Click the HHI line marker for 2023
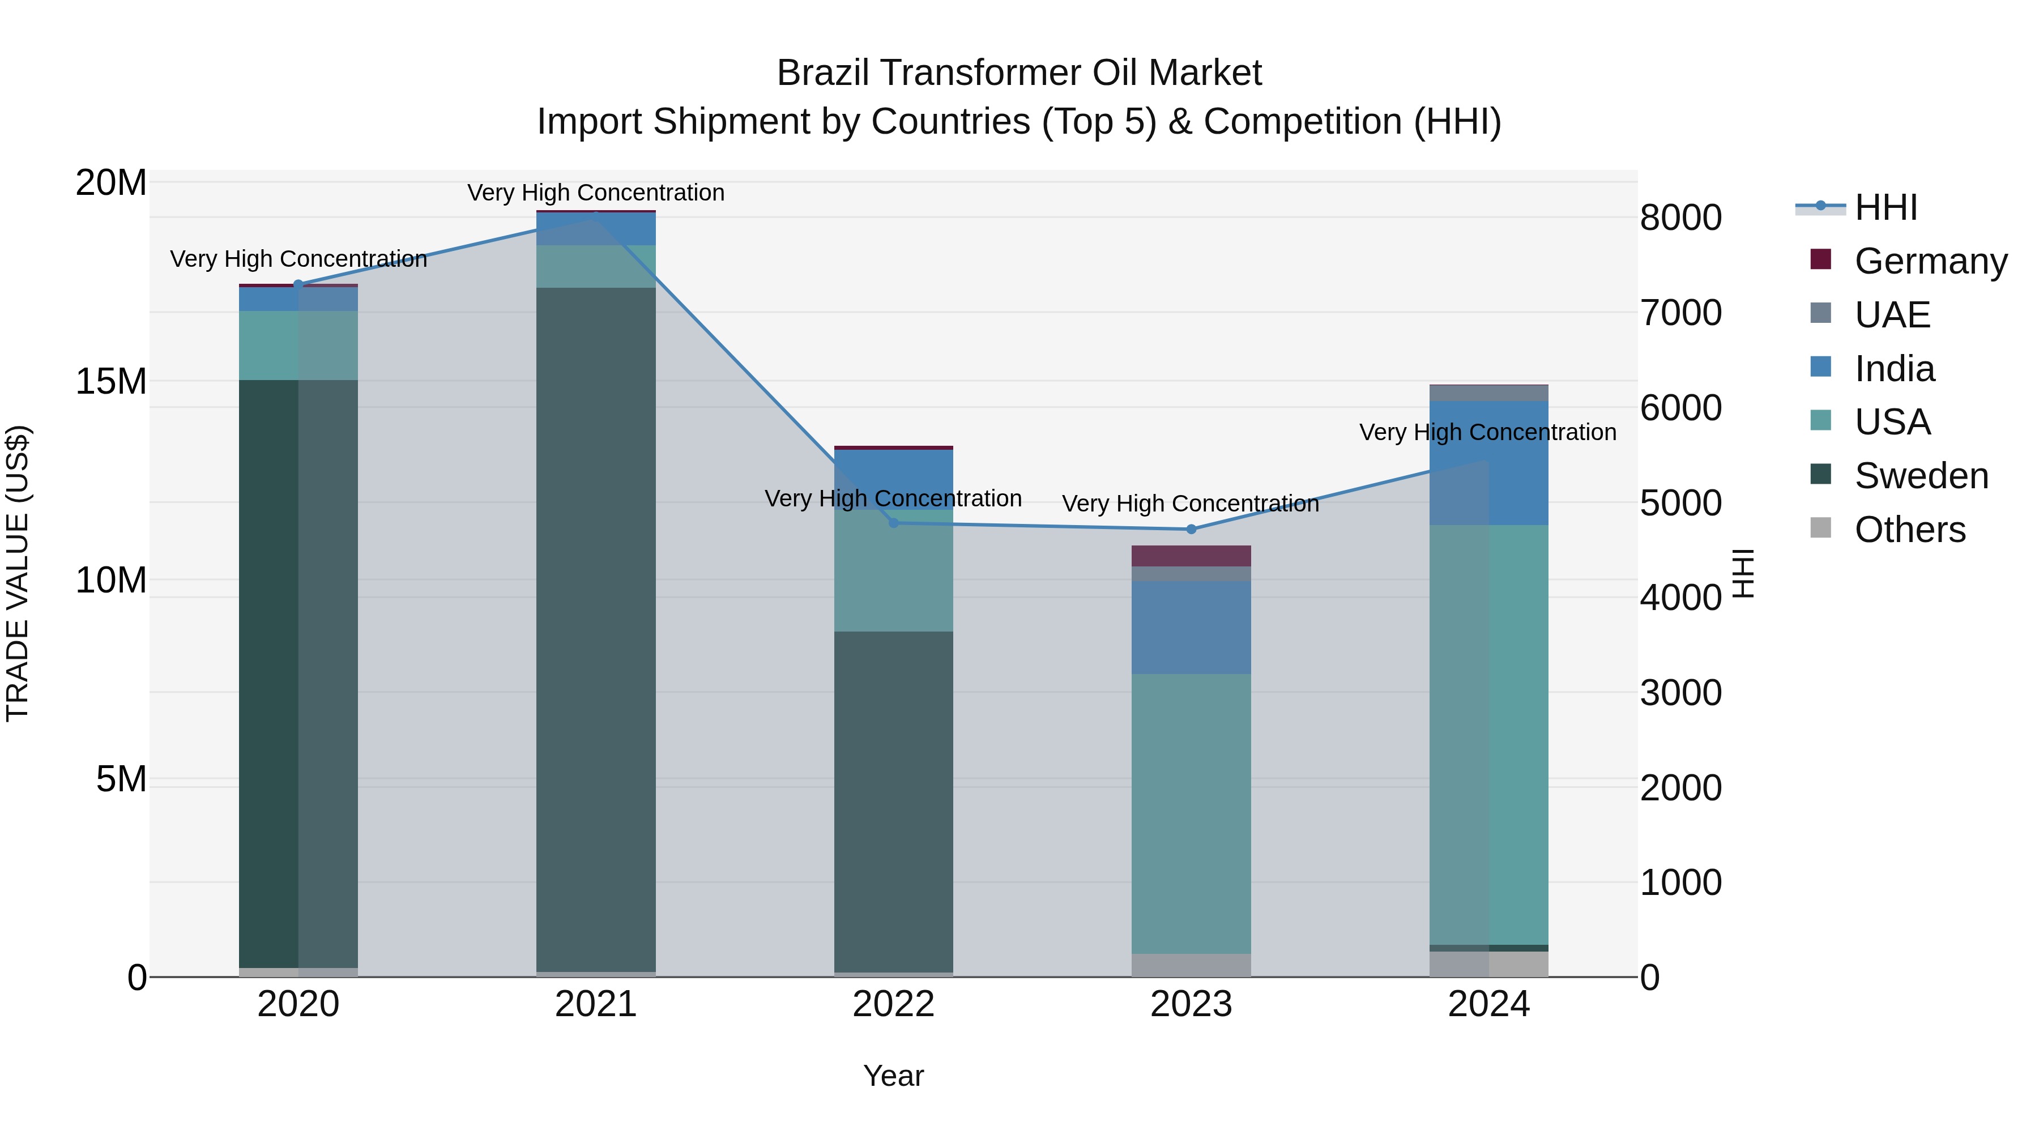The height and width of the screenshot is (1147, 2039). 1191,529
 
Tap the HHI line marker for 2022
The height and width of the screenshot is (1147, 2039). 894,522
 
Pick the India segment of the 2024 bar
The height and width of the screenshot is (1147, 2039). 1489,463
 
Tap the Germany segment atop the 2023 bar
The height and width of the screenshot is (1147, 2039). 1191,556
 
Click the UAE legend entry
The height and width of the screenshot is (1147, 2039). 1892,315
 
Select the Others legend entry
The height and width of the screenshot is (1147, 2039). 1909,530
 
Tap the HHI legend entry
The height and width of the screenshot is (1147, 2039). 1886,207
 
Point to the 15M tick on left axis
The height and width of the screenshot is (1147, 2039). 111,382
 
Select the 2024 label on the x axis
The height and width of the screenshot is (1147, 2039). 1489,1004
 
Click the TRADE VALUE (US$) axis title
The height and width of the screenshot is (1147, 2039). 18,573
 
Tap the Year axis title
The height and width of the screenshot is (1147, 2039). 894,1076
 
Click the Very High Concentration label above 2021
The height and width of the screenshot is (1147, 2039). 596,193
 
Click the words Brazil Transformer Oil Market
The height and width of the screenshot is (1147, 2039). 1019,73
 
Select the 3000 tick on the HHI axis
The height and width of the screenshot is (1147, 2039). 1680,693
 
